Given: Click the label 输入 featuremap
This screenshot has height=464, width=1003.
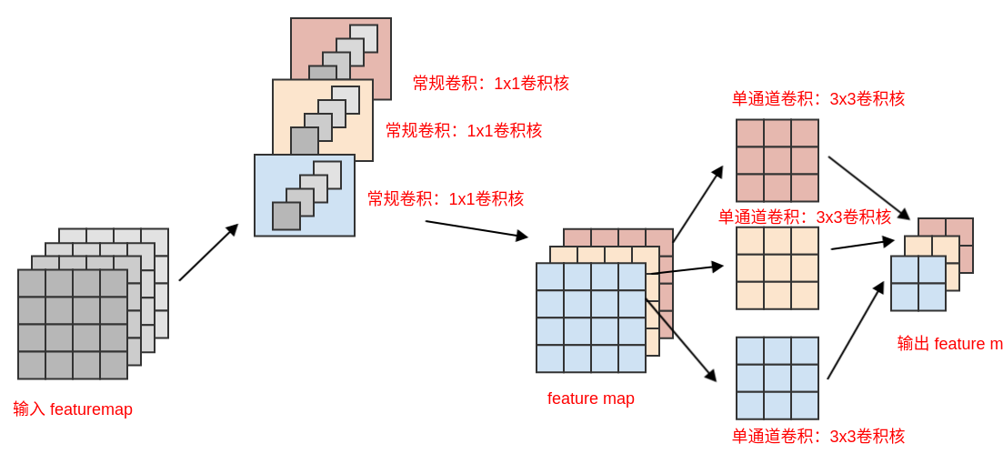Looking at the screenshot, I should coord(73,409).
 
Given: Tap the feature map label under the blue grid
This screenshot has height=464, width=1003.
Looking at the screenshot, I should coord(591,398).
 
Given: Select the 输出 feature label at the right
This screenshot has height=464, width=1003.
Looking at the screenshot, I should coord(949,344).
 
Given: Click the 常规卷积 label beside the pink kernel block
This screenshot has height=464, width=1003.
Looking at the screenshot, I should coord(491,84).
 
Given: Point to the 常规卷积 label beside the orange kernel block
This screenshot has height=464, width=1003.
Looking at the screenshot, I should coord(464,131).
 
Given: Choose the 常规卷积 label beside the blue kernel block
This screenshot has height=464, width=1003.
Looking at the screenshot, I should coord(446,199).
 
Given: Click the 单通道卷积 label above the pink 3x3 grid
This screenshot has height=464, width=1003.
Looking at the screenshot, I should coord(818,99).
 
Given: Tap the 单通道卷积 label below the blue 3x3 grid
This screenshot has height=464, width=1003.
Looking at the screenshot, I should coord(818,437).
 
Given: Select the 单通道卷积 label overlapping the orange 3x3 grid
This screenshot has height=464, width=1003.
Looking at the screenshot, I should coord(805,217).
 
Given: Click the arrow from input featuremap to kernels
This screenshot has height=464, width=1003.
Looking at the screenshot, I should coord(208,253).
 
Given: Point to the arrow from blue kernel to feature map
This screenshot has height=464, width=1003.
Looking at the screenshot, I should coord(476,229).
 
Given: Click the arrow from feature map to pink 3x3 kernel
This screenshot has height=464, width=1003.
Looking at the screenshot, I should coord(697,205).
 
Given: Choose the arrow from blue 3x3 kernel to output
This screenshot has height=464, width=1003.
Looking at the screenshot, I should coord(855,331).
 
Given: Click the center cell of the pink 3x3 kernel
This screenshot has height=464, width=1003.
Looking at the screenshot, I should coord(777,161).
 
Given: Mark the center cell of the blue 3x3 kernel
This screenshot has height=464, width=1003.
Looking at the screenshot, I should coord(777,378).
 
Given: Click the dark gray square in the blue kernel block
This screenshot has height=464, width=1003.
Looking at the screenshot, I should coord(286,217).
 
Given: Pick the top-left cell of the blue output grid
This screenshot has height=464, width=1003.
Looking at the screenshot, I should coord(905,270).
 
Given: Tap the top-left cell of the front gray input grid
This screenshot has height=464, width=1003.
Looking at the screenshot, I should coord(32,283).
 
